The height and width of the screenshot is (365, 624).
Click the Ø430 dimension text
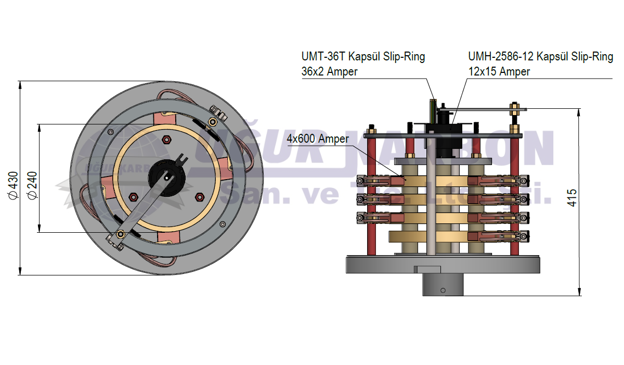click(15, 185)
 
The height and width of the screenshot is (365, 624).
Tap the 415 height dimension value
click(571, 198)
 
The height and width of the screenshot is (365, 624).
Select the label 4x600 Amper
click(318, 139)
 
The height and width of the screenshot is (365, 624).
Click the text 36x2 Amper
click(329, 72)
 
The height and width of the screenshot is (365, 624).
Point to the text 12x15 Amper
click(499, 72)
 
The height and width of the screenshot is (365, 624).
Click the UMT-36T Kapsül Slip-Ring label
click(363, 57)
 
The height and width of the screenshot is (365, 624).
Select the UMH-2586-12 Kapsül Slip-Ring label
click(540, 57)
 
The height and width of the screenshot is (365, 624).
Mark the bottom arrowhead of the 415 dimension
click(579, 293)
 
